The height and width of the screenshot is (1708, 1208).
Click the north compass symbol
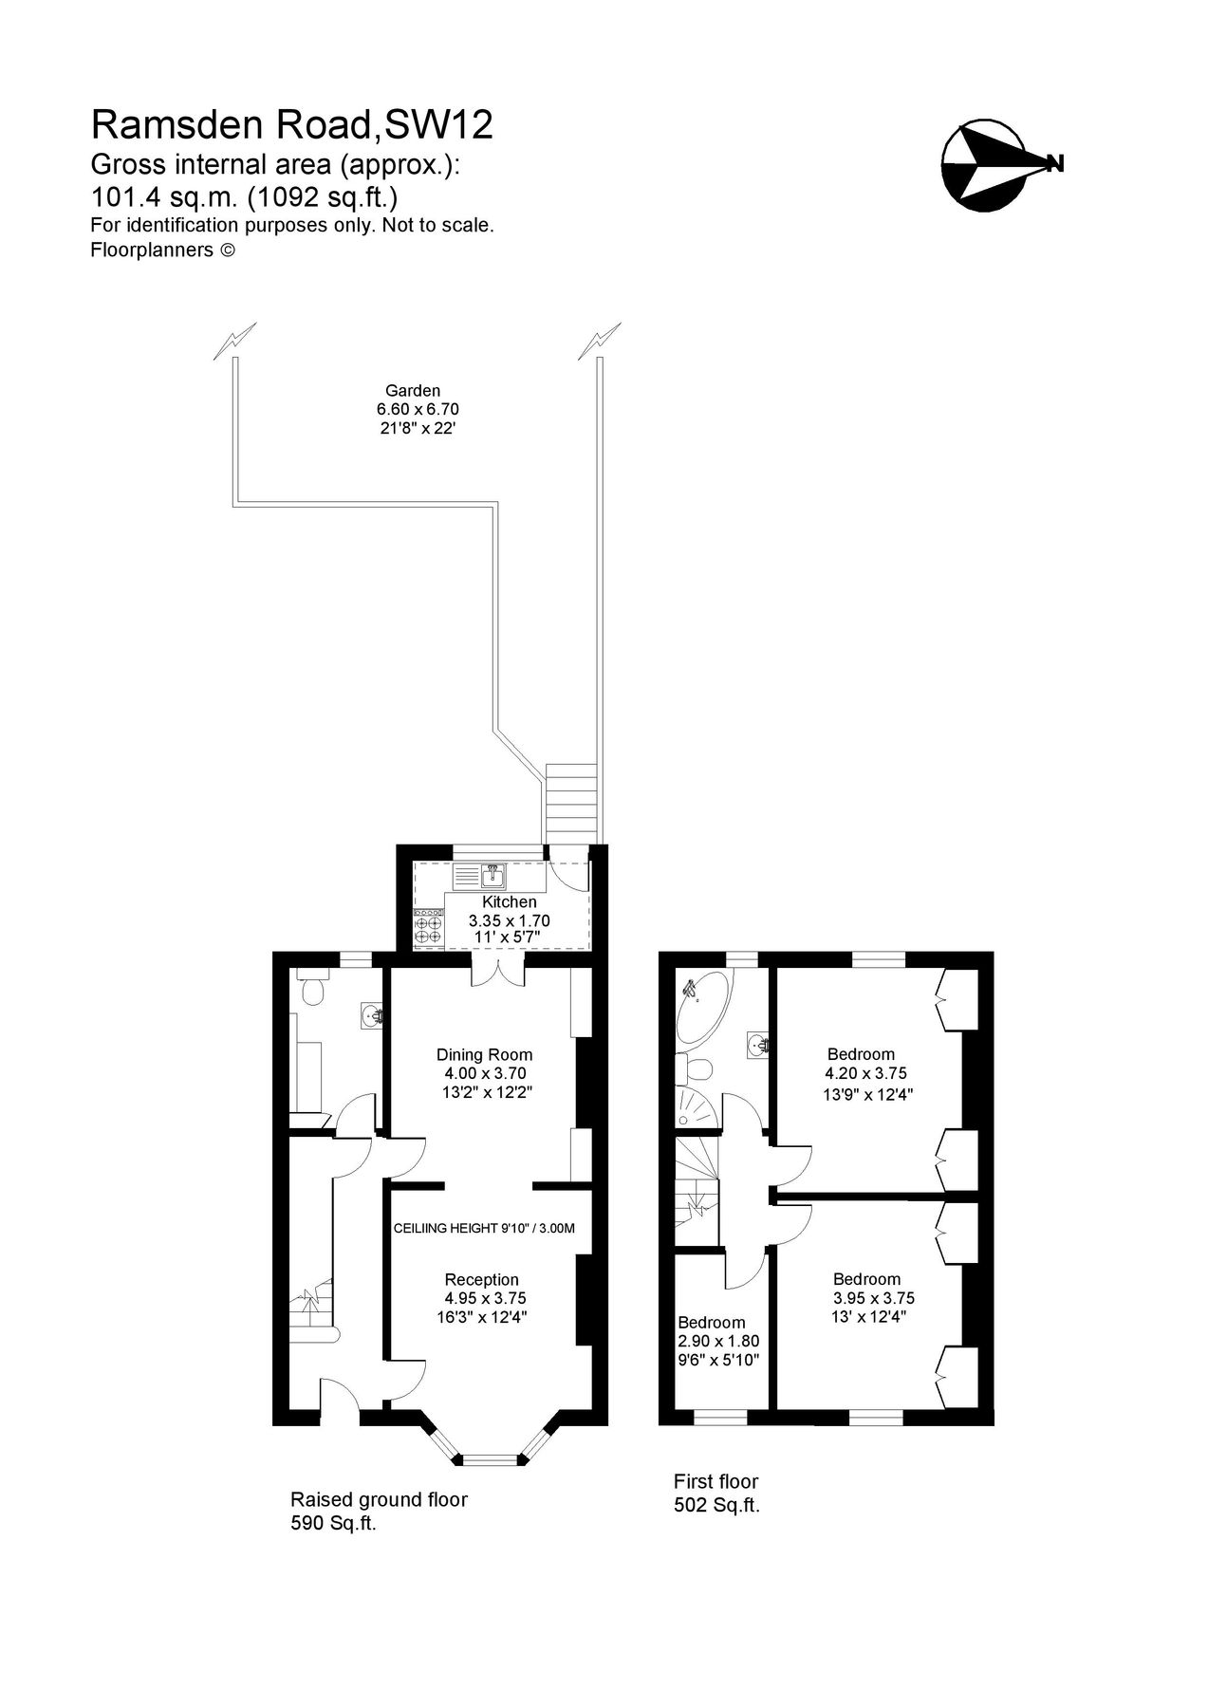[x=987, y=163]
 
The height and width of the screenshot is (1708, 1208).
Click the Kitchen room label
[x=510, y=901]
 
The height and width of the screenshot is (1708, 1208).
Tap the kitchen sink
[x=492, y=873]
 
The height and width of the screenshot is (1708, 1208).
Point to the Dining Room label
[x=484, y=1054]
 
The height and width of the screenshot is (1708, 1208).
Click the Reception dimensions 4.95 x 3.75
[x=485, y=1298]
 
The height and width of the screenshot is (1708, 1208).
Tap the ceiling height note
[x=484, y=1228]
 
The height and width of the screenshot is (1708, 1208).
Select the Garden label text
[x=413, y=390]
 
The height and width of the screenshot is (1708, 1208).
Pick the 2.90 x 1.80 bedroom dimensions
[x=718, y=1341]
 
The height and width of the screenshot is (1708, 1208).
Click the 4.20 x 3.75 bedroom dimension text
[x=865, y=1073]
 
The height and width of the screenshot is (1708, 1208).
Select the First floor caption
[x=716, y=1481]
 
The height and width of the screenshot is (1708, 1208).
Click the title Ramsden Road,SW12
[x=292, y=125]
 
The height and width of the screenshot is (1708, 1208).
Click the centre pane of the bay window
[x=492, y=1460]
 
